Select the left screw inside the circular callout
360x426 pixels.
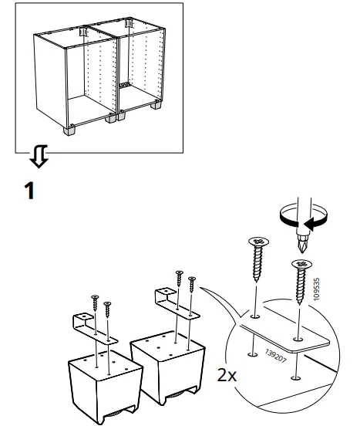pyautogui.click(x=257, y=262)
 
